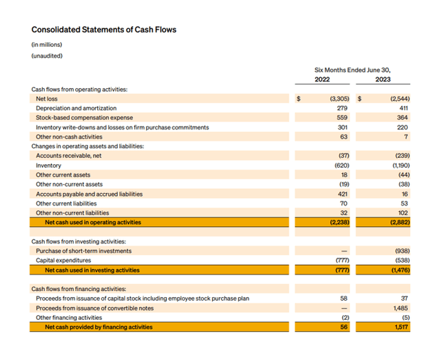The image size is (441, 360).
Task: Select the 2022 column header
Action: click(x=322, y=79)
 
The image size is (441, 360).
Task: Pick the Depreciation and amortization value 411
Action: click(x=404, y=108)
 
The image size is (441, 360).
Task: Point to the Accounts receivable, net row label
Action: click(x=69, y=156)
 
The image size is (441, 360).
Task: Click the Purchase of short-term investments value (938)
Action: click(x=402, y=251)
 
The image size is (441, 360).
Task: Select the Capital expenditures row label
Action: click(x=63, y=261)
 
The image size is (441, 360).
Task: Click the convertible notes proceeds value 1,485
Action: click(x=402, y=308)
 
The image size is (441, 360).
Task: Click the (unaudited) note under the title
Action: click(x=48, y=56)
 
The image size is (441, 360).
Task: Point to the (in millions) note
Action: click(x=47, y=45)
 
